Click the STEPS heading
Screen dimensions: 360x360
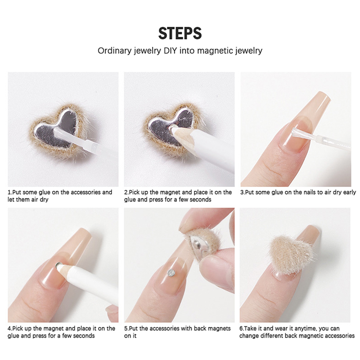click(x=180, y=33)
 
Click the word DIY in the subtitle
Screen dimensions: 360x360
click(x=170, y=50)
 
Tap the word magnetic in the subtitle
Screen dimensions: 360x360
click(x=215, y=51)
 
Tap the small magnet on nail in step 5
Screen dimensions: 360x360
click(x=171, y=273)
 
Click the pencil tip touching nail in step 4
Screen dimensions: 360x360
click(x=59, y=265)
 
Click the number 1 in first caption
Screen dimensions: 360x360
click(x=9, y=192)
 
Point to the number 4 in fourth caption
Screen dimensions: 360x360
click(x=9, y=328)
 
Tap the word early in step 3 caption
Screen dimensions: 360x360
click(x=350, y=193)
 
